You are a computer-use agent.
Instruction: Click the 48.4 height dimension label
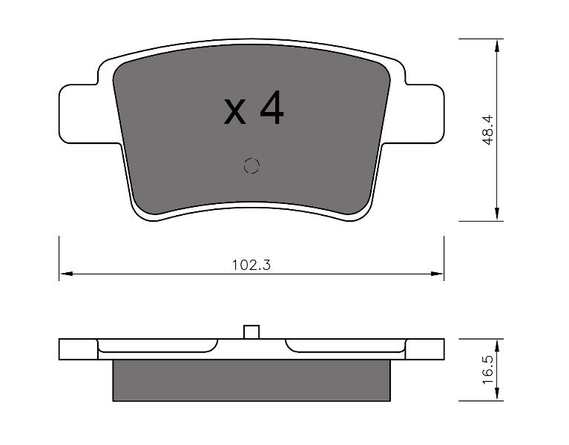488,130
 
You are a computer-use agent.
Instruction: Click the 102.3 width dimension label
251,265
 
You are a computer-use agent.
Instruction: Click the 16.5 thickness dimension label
488,369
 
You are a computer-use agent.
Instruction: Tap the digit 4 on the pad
272,108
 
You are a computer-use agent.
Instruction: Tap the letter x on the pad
234,112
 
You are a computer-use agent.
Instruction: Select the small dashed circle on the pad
251,166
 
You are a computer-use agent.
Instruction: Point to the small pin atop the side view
251,332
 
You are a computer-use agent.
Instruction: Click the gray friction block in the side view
251,380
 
